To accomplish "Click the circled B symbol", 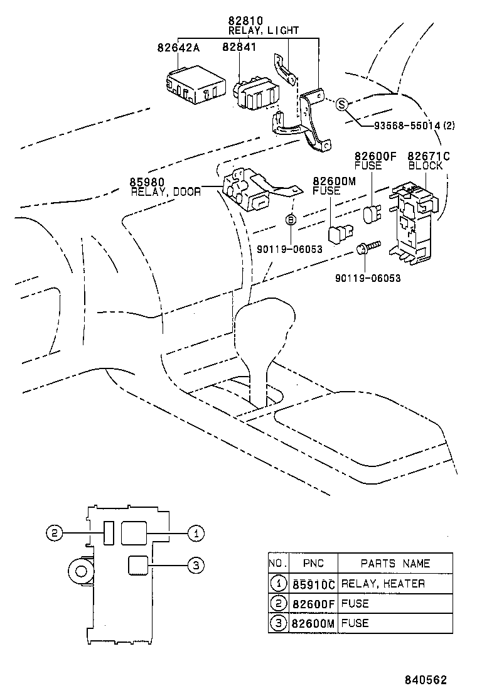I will [x=291, y=220].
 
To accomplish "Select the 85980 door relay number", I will [x=147, y=183].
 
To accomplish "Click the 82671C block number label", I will [x=429, y=156].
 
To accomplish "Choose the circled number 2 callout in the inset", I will [x=55, y=534].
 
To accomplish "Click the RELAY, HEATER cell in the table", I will [x=383, y=584].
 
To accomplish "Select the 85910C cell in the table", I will [x=313, y=584].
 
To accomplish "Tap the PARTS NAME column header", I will [x=395, y=563].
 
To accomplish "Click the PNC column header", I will [x=313, y=563].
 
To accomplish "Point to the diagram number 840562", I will [x=425, y=680].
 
